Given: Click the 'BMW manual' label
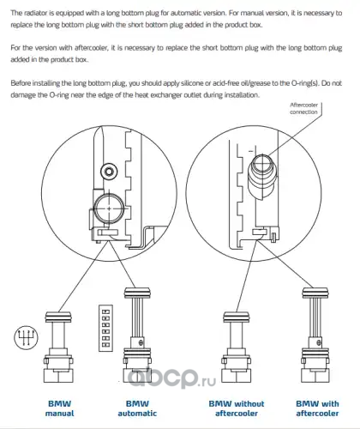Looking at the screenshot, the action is (59, 408).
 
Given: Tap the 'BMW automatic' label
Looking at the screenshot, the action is (137, 408).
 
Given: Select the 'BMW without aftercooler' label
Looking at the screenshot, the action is (237, 408).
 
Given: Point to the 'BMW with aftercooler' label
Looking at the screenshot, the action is (317, 408).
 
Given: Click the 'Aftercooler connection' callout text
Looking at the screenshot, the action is (303, 108).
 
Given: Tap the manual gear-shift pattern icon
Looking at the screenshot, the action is (26, 337).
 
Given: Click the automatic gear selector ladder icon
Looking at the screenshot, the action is (105, 328).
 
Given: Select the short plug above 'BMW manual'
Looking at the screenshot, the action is (58, 347).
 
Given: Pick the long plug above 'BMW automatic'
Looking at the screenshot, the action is (137, 335).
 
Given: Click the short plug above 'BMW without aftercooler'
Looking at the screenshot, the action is (237, 347).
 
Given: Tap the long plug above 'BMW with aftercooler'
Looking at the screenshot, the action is (315, 335).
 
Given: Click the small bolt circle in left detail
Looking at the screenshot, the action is (109, 172).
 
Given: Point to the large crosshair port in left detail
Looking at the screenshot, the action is (109, 208).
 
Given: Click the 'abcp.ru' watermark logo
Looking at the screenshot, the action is (171, 378).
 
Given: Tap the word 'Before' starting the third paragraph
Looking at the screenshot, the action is (21, 83).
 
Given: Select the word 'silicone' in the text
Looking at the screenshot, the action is (192, 83).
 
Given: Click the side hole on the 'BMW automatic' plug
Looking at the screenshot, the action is (140, 342).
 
